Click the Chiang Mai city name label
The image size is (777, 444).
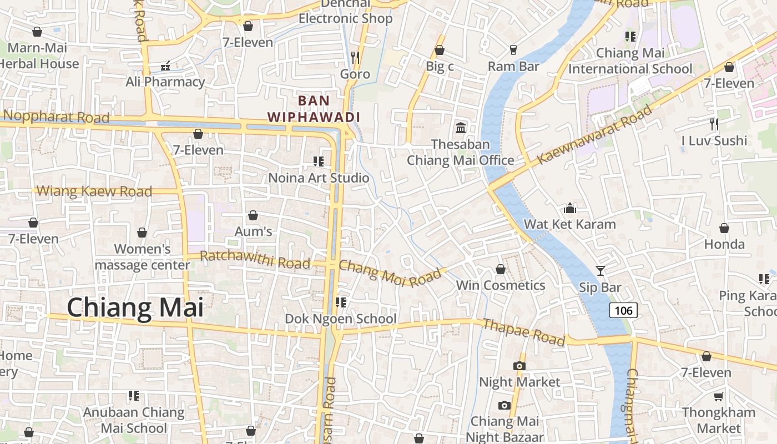coord(135,308)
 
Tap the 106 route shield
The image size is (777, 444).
coord(623,310)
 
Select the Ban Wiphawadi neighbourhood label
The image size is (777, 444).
coord(314,109)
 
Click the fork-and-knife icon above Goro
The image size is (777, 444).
coord(355,57)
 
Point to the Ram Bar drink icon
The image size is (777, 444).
coord(513,50)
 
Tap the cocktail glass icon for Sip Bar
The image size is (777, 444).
coord(600,271)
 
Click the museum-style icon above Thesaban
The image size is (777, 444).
coord(460,128)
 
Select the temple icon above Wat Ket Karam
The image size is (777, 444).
coord(569,209)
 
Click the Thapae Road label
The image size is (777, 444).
coord(523,332)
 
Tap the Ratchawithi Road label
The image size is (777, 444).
coord(255,259)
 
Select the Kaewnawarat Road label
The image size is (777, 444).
coord(594,135)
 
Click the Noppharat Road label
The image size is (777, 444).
coord(56,117)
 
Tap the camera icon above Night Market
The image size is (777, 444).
coord(519,366)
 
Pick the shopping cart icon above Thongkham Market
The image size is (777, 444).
coord(718,396)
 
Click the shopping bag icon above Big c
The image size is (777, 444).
coord(440,50)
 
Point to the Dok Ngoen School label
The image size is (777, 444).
coord(340,319)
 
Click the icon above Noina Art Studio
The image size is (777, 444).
coord(318,162)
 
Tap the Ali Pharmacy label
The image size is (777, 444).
coord(165,82)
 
